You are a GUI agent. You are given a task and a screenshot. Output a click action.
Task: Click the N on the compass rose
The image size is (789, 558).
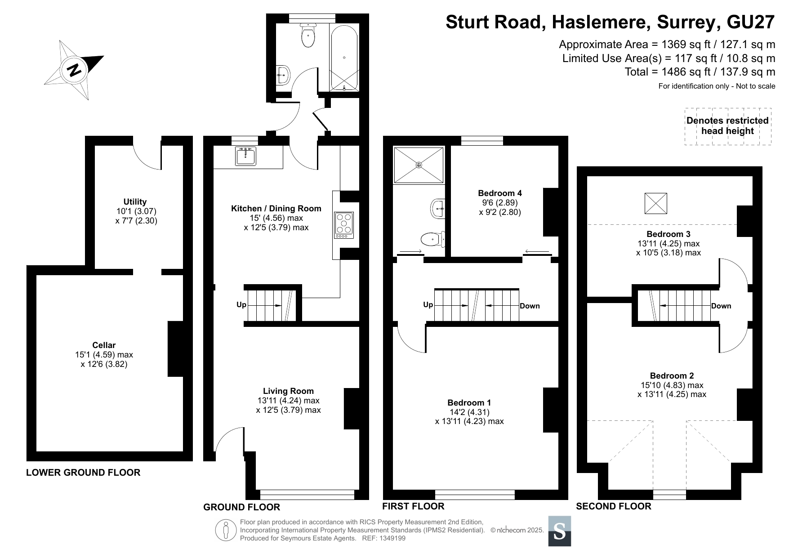coord(74,70)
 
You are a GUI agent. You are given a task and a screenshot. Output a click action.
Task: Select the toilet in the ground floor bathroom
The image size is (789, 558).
coord(308,35)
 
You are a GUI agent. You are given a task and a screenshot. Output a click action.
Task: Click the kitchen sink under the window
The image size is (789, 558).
coord(245,156)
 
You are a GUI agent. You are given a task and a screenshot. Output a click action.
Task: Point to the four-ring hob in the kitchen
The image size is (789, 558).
coord(344,225)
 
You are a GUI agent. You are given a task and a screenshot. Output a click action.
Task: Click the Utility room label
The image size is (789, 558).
coord(135,202)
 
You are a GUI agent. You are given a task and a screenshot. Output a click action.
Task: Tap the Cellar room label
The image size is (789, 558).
coord(104,345)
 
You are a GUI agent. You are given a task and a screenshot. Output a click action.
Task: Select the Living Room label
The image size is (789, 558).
coord(288,391)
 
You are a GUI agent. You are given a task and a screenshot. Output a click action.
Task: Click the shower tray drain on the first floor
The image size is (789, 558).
coord(419,165)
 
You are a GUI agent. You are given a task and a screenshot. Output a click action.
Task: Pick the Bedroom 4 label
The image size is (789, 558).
coord(500,193)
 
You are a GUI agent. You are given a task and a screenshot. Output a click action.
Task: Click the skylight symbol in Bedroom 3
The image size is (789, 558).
coord(656,203)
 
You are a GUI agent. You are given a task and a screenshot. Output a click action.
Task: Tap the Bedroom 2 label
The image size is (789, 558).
coord(672,376)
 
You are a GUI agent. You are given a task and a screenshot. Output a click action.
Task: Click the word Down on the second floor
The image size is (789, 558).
coord(721,306)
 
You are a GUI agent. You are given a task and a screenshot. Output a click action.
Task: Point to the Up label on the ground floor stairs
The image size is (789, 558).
coord(241,305)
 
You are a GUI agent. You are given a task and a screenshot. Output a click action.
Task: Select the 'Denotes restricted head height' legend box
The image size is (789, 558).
coord(728,126)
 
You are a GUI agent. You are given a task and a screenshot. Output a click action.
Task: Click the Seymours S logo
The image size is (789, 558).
coord(560,531)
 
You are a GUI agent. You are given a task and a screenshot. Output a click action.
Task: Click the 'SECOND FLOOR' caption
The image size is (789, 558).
coord(614,506)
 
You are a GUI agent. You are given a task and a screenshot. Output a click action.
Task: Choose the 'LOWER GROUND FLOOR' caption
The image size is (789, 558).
coord(83,473)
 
